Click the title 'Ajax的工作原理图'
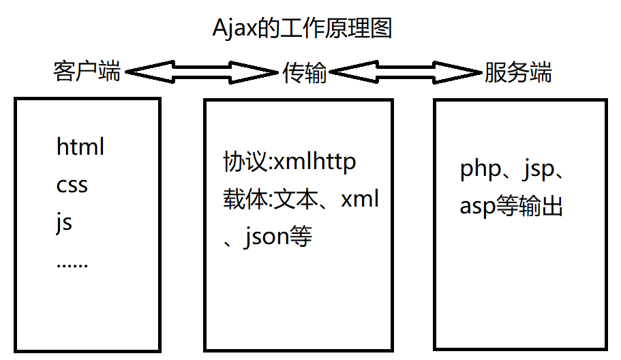[303, 29]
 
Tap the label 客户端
[87, 72]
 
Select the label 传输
[305, 73]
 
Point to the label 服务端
[518, 72]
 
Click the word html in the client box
[80, 147]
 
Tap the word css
[72, 185]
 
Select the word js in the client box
[64, 223]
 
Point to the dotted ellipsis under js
[72, 265]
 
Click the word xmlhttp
[314, 162]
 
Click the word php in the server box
[481, 168]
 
